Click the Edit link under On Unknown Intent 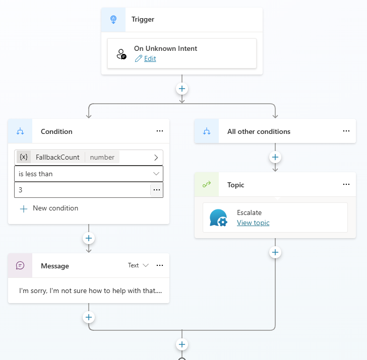[x=150, y=58]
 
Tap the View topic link [x=253, y=223]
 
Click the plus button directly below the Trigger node [x=182, y=89]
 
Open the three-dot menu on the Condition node [x=160, y=131]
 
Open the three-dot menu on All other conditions [x=346, y=131]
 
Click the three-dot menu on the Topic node [x=346, y=184]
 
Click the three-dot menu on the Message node [x=160, y=265]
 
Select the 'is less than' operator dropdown [x=89, y=174]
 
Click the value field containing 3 [x=82, y=190]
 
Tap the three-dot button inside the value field [x=157, y=190]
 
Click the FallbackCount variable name [x=57, y=157]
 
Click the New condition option [x=55, y=208]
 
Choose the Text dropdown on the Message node [x=138, y=265]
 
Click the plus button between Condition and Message [x=89, y=238]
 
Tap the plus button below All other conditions [x=275, y=157]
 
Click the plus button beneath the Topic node [x=275, y=252]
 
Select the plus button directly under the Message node [x=89, y=317]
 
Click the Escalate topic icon [x=218, y=218]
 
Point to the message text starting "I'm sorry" [x=90, y=291]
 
